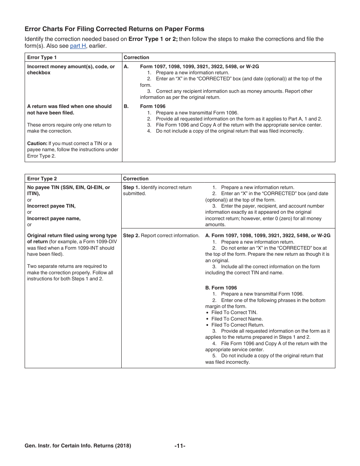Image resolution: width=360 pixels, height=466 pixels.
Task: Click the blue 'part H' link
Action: pyautogui.click(x=78, y=46)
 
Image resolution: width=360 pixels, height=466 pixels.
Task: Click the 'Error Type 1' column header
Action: pyautogui.click(x=42, y=58)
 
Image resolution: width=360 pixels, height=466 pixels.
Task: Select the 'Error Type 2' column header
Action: pyautogui.click(x=42, y=179)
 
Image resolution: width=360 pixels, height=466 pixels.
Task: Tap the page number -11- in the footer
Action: pyautogui.click(x=180, y=446)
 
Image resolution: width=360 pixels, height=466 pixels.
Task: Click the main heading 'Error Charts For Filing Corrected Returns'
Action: pyautogui.click(x=114, y=29)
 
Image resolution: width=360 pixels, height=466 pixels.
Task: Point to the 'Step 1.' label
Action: pyautogui.click(x=131, y=188)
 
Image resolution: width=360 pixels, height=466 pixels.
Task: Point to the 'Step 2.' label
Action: pyautogui.click(x=131, y=236)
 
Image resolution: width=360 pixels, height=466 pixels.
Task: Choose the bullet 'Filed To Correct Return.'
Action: pyautogui.click(x=238, y=325)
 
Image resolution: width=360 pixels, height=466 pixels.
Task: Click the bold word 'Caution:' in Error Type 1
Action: pyautogui.click(x=37, y=144)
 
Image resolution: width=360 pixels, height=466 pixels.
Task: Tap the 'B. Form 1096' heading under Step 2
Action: pyautogui.click(x=221, y=288)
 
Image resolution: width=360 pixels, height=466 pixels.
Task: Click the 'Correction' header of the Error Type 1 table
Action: pyautogui.click(x=136, y=58)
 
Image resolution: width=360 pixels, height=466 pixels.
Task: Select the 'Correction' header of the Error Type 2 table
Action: pyautogui.click(x=136, y=179)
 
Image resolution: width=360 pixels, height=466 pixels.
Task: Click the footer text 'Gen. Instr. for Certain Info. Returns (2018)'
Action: pyautogui.click(x=78, y=446)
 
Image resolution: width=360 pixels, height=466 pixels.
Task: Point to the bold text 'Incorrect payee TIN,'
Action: pyautogui.click(x=51, y=206)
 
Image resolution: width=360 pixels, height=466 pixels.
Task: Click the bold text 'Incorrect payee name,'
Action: pyautogui.click(x=54, y=219)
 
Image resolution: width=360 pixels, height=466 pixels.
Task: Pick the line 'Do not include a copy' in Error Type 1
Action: pyautogui.click(x=230, y=131)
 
